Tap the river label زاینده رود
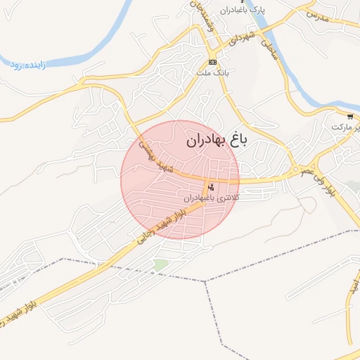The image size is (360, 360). [27, 65]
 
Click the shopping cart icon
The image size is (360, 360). [350, 116]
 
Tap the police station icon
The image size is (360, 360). [210, 188]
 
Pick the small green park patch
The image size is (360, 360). [161, 264]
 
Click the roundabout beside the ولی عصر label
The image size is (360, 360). [295, 172]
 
